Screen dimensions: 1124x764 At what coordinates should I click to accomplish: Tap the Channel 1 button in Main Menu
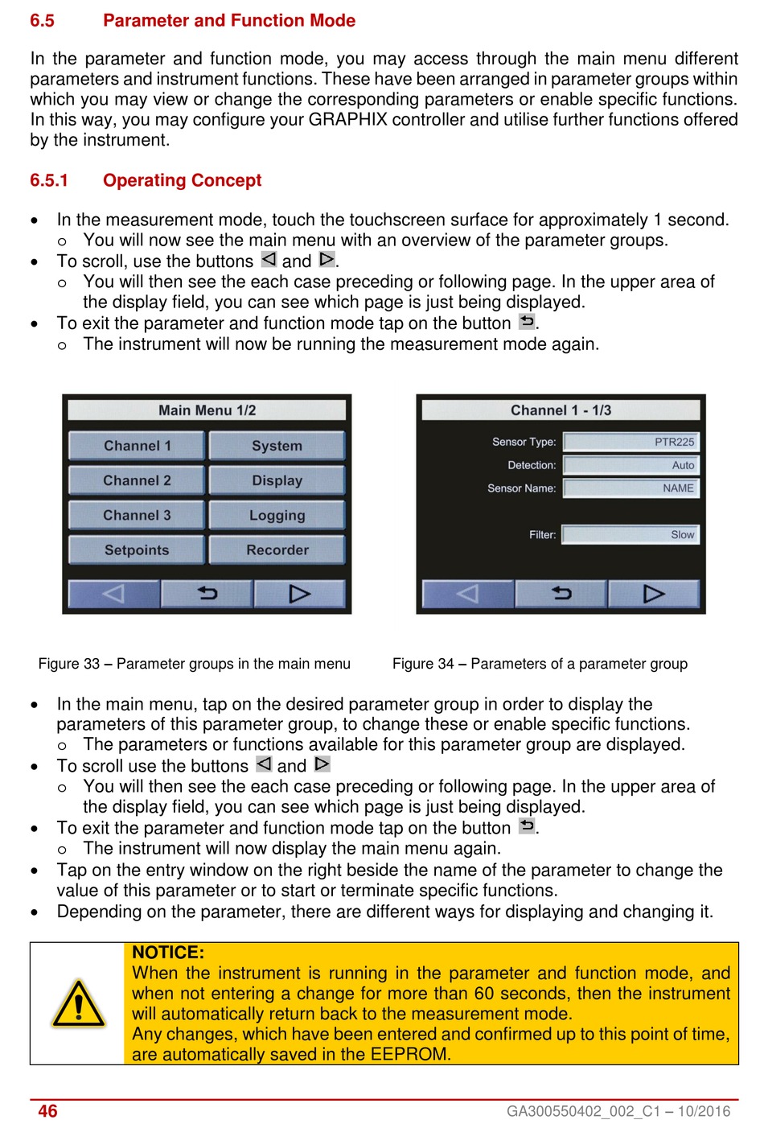click(137, 446)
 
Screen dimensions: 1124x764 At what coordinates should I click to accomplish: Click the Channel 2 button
click(137, 480)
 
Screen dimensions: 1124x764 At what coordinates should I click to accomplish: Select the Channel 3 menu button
click(137, 515)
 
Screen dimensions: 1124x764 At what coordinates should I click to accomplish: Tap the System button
click(277, 446)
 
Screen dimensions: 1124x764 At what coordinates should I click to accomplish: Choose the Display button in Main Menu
click(277, 480)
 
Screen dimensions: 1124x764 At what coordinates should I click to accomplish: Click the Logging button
click(277, 515)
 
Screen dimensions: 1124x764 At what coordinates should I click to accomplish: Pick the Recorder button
click(277, 550)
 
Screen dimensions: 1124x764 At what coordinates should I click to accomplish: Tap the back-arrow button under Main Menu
click(207, 594)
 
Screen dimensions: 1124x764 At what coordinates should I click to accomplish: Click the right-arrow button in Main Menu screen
click(299, 594)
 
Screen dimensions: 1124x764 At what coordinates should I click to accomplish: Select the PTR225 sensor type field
click(631, 442)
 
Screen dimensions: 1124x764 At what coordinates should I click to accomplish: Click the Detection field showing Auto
click(631, 465)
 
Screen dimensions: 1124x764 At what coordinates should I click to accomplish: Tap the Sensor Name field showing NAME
click(631, 488)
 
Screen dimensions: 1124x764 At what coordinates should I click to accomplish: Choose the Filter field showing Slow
click(631, 534)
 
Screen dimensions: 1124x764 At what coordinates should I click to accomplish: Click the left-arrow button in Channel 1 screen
click(468, 594)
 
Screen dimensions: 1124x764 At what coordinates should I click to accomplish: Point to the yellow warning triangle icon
click(78, 1004)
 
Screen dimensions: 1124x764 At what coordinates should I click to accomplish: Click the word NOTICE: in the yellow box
click(168, 953)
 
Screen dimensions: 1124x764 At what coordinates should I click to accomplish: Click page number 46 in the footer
click(47, 1111)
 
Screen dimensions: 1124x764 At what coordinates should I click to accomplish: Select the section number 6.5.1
click(49, 180)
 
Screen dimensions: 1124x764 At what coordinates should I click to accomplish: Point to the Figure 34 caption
click(540, 664)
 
